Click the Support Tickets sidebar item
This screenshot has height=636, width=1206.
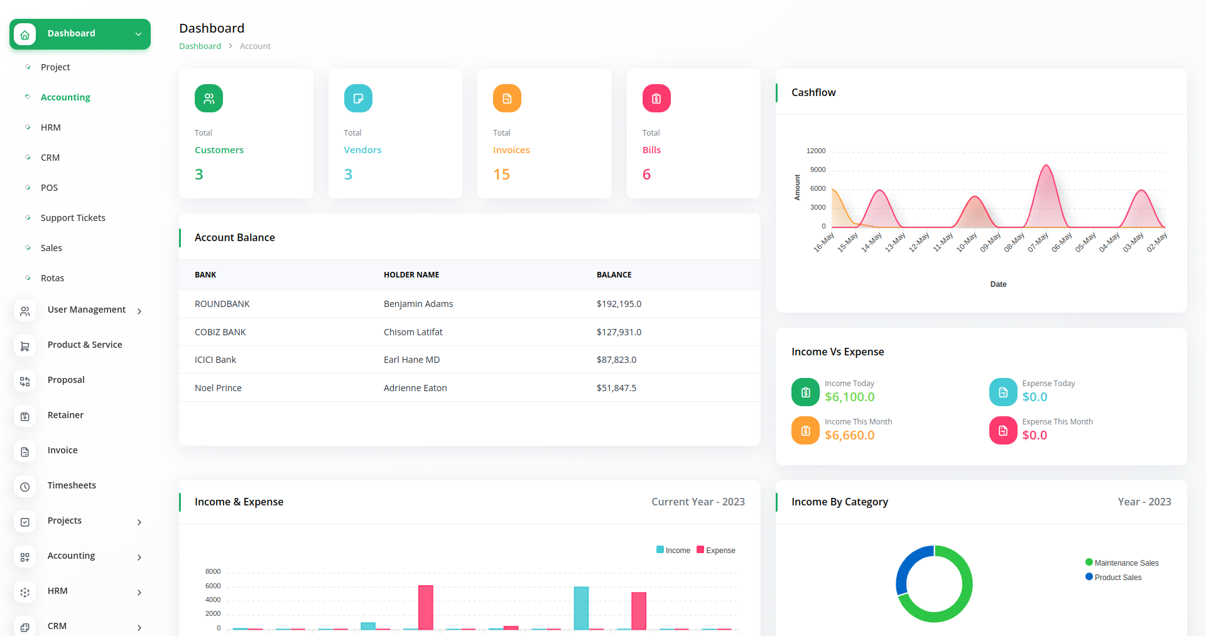[x=73, y=218]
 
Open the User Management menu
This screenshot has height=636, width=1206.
[x=86, y=310]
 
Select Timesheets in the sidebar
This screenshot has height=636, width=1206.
[x=72, y=485]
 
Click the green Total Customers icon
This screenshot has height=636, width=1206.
[x=209, y=99]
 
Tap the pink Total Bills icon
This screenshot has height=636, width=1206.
[x=656, y=99]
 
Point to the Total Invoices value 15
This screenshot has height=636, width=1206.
[x=501, y=175]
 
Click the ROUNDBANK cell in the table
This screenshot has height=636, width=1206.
[x=222, y=304]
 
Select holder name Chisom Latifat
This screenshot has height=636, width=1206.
[x=413, y=332]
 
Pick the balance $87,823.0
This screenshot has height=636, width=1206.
[x=616, y=360]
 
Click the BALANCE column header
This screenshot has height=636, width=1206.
[x=614, y=275]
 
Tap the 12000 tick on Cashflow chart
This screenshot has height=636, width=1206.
[x=816, y=151]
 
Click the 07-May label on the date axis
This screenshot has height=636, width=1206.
[x=1038, y=242]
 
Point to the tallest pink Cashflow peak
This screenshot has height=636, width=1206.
[x=1046, y=167]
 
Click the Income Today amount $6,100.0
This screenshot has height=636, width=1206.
[x=849, y=397]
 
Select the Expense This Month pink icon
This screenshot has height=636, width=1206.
[x=1003, y=431]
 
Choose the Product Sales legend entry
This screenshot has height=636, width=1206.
[x=1117, y=578]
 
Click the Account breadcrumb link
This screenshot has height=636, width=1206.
[x=255, y=46]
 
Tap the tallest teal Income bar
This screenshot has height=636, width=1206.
[x=581, y=608]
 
